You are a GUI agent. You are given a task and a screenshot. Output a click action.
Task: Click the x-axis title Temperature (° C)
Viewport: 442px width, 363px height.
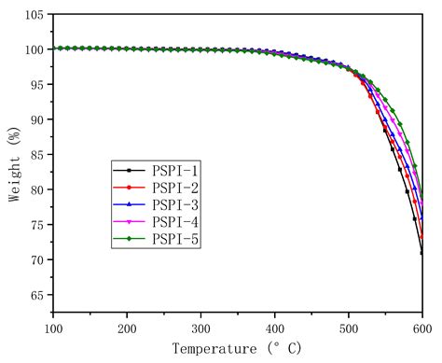[239, 350]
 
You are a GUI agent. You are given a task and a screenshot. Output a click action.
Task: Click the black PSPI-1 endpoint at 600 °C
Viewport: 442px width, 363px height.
[422, 253]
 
